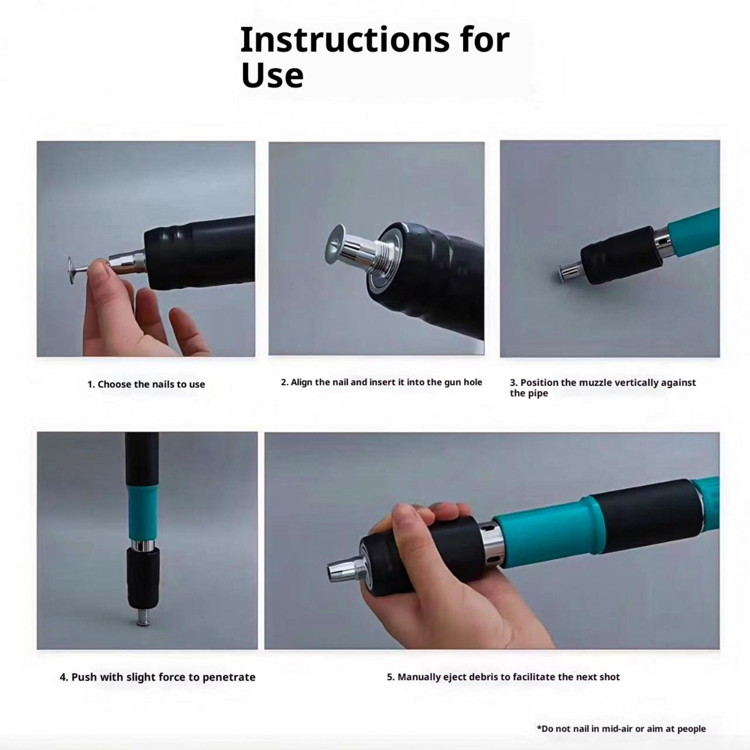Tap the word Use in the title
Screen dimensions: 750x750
[x=272, y=75]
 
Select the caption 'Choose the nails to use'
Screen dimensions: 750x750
[x=151, y=384]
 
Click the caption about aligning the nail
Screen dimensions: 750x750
[x=382, y=382]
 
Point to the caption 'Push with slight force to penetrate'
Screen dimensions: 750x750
[x=157, y=677]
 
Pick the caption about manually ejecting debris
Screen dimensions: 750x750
[x=503, y=677]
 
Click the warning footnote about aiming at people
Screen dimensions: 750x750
[x=621, y=728]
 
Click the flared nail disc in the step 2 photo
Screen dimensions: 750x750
[x=335, y=244]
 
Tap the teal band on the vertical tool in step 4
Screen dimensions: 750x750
[x=142, y=513]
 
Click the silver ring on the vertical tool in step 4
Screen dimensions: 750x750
[x=142, y=546]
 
